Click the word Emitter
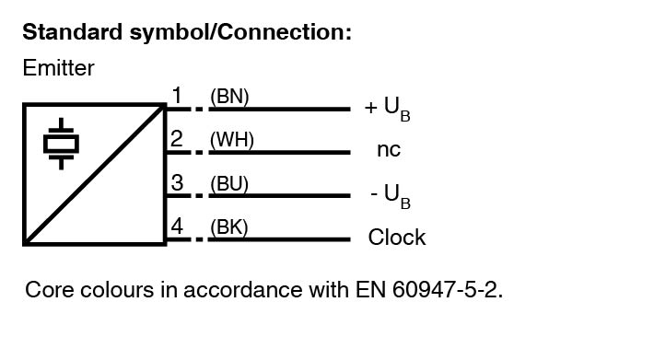(58, 68)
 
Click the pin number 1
(177, 96)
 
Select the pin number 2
(177, 139)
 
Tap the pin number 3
(177, 182)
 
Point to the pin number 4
(177, 226)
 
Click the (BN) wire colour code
(229, 97)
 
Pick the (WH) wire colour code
(232, 140)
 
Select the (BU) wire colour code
(229, 184)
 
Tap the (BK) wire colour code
(229, 227)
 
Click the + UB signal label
(388, 109)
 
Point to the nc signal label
(389, 149)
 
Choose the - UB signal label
(391, 196)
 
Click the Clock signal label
(397, 237)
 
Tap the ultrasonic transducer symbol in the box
(62, 144)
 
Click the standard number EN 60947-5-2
(429, 290)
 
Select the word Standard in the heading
(72, 31)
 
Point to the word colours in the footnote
(117, 290)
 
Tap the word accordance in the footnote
(243, 290)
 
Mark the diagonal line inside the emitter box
(95, 174)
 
